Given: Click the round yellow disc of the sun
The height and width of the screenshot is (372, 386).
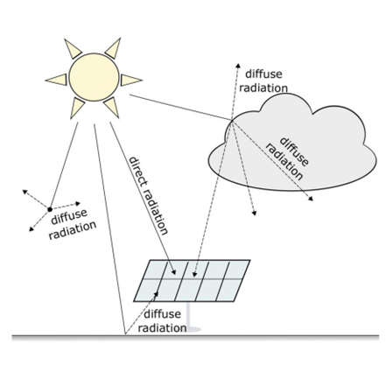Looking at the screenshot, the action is [94, 77].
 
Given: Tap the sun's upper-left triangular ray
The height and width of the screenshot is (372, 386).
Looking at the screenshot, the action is [73, 49].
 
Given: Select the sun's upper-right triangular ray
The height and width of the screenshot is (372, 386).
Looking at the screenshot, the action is [114, 48].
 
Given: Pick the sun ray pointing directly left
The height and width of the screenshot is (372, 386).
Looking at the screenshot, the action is [57, 80].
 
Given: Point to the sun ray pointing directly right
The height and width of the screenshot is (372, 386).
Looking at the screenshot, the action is [130, 80].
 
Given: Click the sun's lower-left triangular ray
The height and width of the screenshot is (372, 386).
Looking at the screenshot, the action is [77, 108].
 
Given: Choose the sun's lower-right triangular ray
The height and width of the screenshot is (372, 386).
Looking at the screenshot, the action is [112, 107].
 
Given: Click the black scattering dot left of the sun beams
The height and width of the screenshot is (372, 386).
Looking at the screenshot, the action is [50, 209].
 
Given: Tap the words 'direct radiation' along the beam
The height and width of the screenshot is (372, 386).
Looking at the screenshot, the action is [149, 196].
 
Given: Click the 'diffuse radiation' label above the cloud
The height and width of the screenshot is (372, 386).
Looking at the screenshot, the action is [263, 81].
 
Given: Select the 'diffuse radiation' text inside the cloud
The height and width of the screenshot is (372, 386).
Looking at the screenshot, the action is [288, 158].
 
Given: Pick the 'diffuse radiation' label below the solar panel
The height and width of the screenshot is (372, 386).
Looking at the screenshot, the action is [162, 321].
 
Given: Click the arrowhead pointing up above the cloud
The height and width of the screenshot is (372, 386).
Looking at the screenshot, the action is [238, 65].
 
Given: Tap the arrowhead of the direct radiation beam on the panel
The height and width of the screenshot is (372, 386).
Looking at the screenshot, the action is [174, 272].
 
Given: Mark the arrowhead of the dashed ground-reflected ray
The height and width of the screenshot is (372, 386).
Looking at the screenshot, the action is [157, 293].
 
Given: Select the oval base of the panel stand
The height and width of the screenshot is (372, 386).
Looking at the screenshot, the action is [193, 329].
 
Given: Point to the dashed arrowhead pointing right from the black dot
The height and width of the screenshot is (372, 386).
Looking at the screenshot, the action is [78, 203].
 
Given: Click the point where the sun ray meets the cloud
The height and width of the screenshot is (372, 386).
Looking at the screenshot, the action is [232, 120].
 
